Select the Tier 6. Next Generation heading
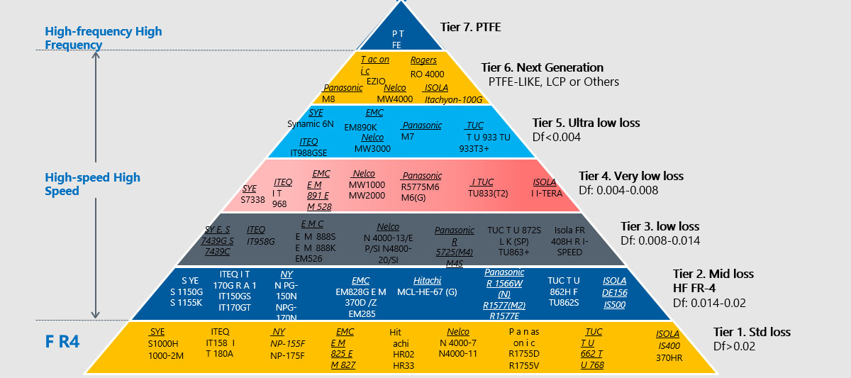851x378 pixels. (x=542, y=67)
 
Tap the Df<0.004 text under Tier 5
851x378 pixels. (x=557, y=137)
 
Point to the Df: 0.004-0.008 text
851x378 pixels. (x=618, y=190)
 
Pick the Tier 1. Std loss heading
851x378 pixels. (x=752, y=332)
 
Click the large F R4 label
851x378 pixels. (x=62, y=342)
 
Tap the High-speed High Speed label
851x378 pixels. (x=92, y=184)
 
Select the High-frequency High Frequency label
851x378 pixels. (x=104, y=38)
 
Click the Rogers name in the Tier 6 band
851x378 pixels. (x=423, y=60)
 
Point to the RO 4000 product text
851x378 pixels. (x=428, y=73)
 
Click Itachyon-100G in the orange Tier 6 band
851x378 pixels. (x=453, y=99)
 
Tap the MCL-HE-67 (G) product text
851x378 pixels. (x=428, y=291)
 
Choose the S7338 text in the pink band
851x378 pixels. (x=252, y=200)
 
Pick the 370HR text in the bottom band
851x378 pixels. (x=669, y=358)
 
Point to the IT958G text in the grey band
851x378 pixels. (x=260, y=241)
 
